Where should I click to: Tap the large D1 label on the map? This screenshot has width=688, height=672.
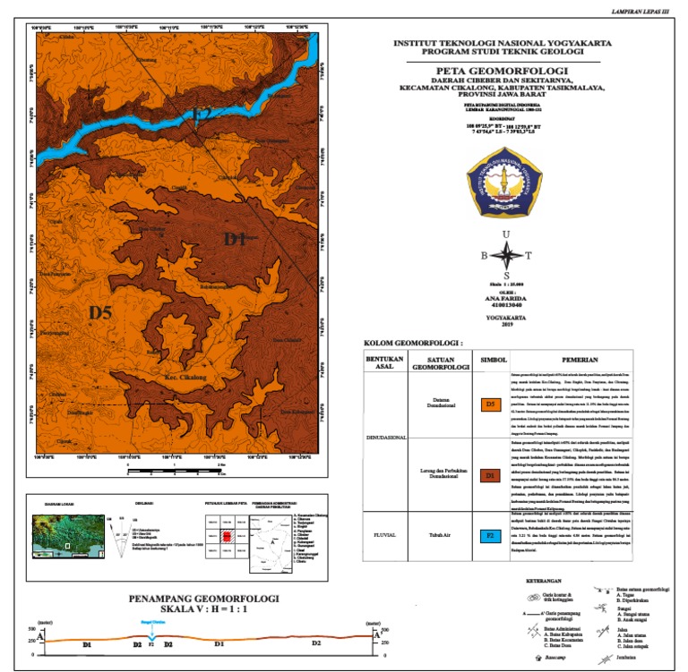[x=234, y=239]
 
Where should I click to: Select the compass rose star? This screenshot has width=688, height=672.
[x=507, y=256]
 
